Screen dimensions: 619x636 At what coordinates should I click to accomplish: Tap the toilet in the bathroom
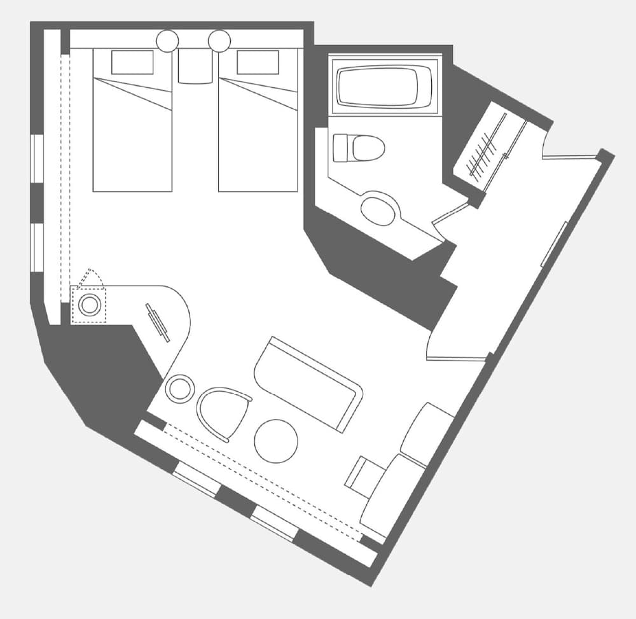pos(359,148)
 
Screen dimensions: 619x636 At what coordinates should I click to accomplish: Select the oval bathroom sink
pos(378,211)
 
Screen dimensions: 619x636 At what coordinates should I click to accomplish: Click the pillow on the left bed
pos(132,62)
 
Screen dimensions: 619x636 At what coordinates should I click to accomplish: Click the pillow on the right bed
pos(258,62)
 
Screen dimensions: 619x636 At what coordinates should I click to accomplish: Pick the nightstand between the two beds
pos(195,66)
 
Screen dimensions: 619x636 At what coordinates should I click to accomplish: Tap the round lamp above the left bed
pos(168,41)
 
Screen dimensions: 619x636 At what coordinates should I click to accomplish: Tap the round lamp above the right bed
pos(219,41)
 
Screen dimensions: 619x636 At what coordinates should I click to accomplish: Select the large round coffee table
pos(276,441)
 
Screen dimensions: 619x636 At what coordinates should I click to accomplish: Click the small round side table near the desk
pos(180,388)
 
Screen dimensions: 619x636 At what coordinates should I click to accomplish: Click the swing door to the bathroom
pos(449,214)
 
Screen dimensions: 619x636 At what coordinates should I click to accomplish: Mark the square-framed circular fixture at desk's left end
pos(90,305)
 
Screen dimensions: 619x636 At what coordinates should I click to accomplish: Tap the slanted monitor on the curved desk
pos(158,322)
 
